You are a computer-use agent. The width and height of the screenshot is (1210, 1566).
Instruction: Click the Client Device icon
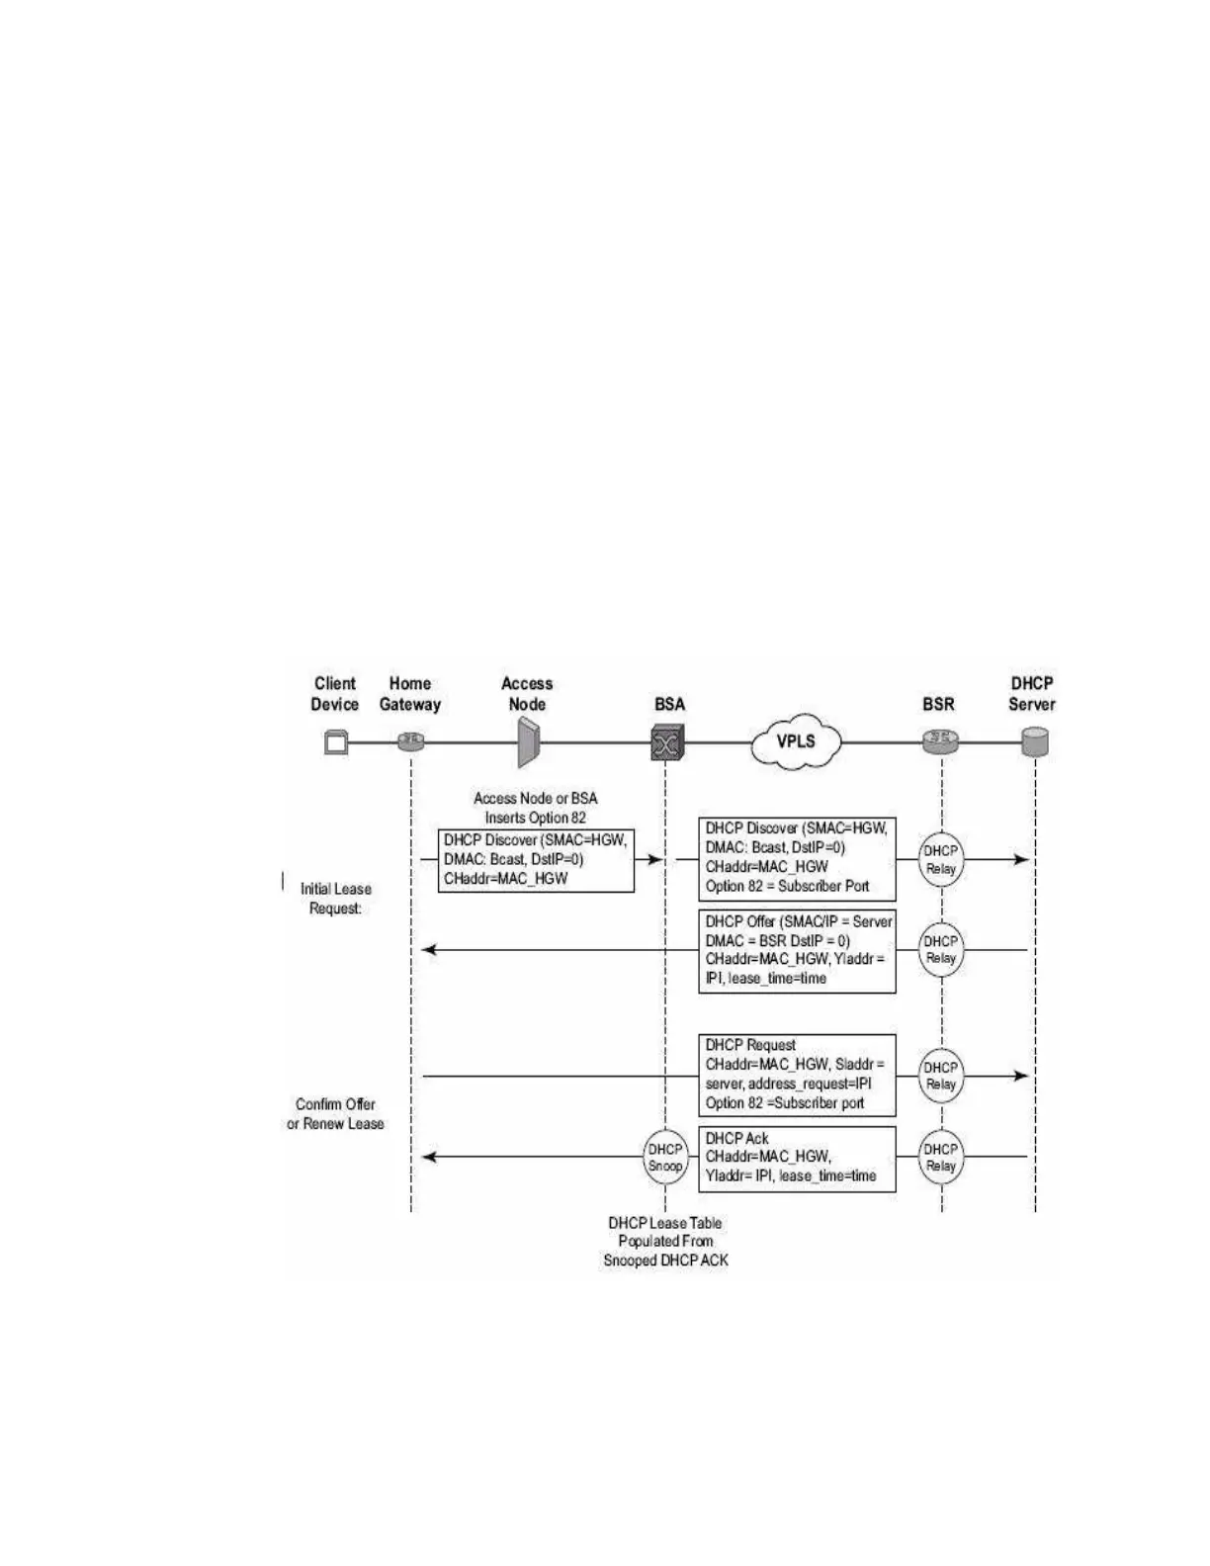pyautogui.click(x=336, y=741)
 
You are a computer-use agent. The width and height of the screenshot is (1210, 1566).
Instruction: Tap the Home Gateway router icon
pyautogui.click(x=410, y=741)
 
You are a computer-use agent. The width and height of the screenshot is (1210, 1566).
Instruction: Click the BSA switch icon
pyautogui.click(x=667, y=741)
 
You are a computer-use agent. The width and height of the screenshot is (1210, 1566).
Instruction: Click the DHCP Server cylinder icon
pyautogui.click(x=1035, y=741)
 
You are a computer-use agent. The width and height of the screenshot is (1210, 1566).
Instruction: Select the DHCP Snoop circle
pyautogui.click(x=665, y=1158)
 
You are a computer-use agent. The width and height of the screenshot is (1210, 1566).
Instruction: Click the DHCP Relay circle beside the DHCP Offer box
pyautogui.click(x=941, y=949)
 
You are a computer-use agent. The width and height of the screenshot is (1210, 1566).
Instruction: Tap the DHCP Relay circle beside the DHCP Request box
pyautogui.click(x=941, y=1076)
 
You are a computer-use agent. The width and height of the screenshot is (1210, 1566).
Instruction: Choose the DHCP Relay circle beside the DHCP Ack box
pyautogui.click(x=941, y=1158)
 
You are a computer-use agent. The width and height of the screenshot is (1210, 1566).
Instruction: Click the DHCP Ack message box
pyautogui.click(x=798, y=1158)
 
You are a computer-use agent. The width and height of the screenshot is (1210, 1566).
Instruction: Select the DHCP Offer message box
pyautogui.click(x=798, y=950)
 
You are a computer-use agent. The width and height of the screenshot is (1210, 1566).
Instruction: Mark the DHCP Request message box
pyautogui.click(x=798, y=1075)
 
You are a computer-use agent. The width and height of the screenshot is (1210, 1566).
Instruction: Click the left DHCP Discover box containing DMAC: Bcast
pyautogui.click(x=536, y=860)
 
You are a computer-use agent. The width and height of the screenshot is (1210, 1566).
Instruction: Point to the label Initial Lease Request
pyautogui.click(x=335, y=899)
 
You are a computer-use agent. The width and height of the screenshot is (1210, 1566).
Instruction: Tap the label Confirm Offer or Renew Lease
pyautogui.click(x=335, y=1114)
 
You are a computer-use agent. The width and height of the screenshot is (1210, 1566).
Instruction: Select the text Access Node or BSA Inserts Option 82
pyautogui.click(x=535, y=808)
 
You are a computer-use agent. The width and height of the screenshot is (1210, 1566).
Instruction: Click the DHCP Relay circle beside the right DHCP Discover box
pyautogui.click(x=941, y=859)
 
